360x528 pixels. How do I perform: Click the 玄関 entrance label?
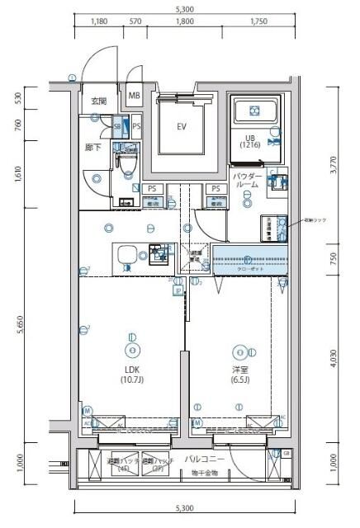(x=99, y=101)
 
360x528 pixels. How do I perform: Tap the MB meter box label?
(x=134, y=96)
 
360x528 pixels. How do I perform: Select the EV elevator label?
(x=182, y=126)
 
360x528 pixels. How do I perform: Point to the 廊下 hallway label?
(x=93, y=147)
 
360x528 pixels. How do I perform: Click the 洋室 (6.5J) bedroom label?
(x=240, y=374)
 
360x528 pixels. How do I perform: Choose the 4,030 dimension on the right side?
(x=333, y=356)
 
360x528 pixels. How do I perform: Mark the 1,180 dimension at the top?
(x=99, y=23)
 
